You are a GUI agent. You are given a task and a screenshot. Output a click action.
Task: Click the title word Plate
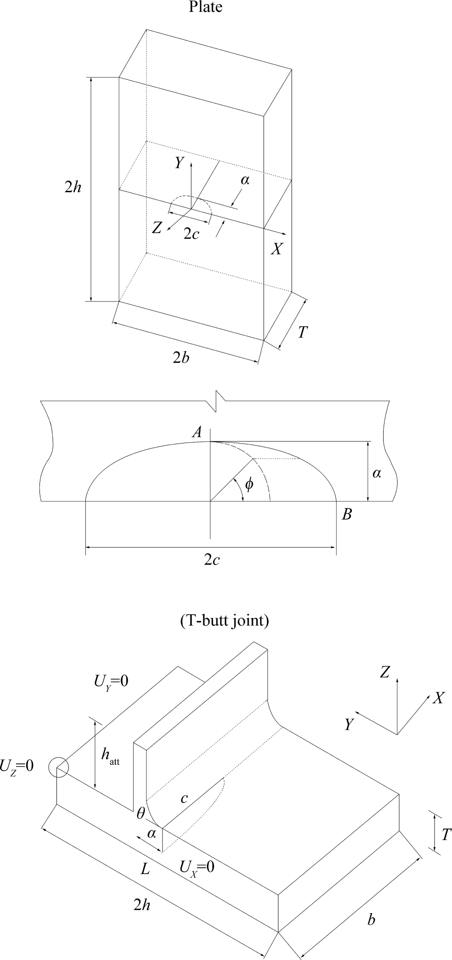[x=206, y=7]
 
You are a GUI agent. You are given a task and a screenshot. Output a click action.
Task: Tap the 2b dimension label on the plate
[x=181, y=358]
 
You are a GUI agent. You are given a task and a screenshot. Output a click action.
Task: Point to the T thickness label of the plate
[x=302, y=332]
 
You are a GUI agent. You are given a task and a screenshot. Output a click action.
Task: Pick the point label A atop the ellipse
[x=197, y=432]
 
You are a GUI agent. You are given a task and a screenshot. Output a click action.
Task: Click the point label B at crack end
[x=347, y=514]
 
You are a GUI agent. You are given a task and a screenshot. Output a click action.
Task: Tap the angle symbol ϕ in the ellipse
[x=249, y=484]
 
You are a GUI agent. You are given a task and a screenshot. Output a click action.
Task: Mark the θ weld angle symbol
[x=140, y=814]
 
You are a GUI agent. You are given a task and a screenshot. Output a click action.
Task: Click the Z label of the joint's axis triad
[x=385, y=672]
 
